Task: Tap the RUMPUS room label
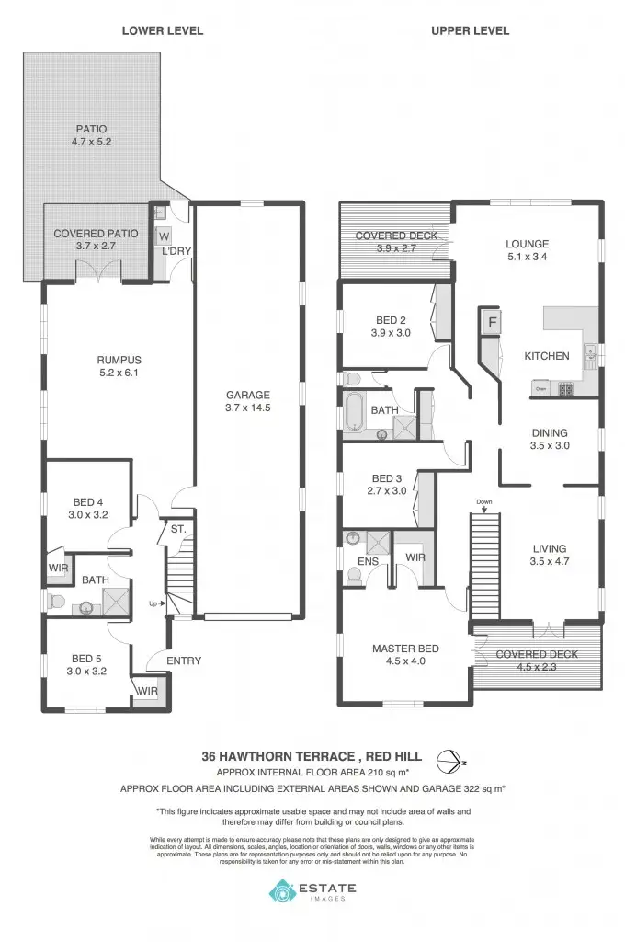click(119, 360)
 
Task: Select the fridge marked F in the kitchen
click(492, 323)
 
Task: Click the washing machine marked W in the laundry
click(165, 234)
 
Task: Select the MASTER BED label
click(405, 649)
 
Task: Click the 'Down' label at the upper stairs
click(484, 501)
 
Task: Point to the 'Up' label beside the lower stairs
click(153, 603)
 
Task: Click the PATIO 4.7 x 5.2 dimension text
click(91, 143)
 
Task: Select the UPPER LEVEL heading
click(470, 31)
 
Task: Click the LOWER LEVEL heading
click(163, 31)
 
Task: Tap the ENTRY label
click(184, 661)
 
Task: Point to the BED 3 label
click(387, 478)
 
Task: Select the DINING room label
click(551, 432)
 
